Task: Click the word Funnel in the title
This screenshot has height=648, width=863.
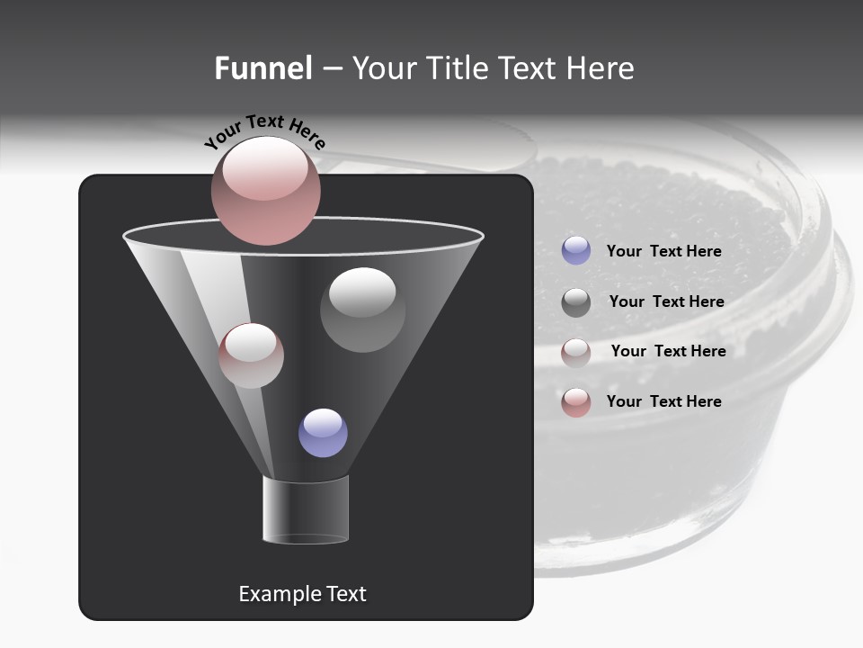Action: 263,68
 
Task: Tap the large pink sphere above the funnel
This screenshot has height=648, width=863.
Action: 266,190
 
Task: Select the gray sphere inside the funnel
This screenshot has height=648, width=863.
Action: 362,310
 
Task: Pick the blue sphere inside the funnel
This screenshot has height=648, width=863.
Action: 323,432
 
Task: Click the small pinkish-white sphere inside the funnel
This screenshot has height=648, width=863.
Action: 251,355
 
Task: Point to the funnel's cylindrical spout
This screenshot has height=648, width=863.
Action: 306,509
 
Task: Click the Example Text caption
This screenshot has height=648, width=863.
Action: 302,594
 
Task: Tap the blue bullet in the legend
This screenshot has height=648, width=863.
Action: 576,251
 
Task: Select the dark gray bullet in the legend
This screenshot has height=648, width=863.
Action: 576,301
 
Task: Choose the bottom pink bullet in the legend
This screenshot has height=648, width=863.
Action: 576,401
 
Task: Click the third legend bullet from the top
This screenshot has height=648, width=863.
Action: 576,352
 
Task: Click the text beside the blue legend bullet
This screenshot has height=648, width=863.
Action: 663,251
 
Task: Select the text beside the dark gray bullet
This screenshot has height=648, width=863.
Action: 666,301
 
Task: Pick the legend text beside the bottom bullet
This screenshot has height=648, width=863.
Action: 663,401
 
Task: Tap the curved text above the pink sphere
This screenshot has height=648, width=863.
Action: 264,131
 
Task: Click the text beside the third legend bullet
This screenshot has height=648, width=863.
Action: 668,351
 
